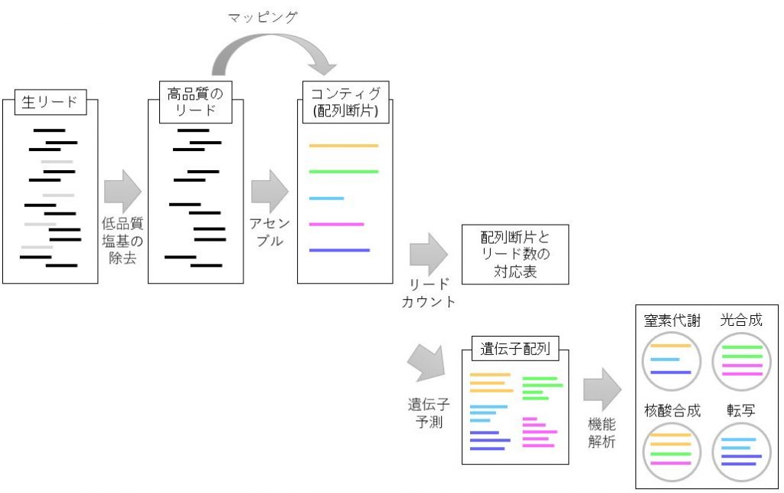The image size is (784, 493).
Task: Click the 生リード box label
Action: [x=50, y=103]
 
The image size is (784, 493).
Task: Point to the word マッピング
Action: [x=263, y=17]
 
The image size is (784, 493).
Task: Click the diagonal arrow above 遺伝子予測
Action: [x=426, y=363]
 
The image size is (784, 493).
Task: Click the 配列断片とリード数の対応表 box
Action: [x=515, y=254]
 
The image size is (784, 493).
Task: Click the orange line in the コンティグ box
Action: [x=343, y=146]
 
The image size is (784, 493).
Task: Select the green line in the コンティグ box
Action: [x=343, y=172]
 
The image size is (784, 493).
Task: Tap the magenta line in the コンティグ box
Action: [x=336, y=225]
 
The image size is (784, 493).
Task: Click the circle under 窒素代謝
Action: [x=671, y=360]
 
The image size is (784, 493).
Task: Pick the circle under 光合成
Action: [x=741, y=360]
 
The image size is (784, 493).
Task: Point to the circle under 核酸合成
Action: [x=671, y=452]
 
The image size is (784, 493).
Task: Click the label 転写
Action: [x=740, y=410]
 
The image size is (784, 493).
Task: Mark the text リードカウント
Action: [x=429, y=293]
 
